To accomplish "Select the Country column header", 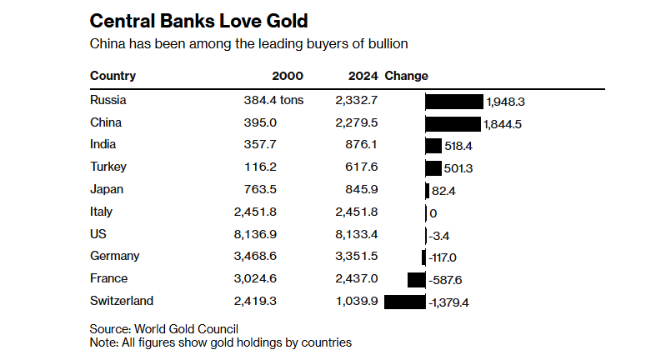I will (x=113, y=76).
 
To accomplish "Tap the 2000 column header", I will (x=288, y=76).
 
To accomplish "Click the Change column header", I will (x=406, y=76).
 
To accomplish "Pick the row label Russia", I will (x=108, y=101).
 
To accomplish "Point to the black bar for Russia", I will (x=453, y=102).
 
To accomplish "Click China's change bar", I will (x=453, y=123).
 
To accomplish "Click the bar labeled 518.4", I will (x=433, y=146).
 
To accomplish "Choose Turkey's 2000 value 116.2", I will (x=286, y=167).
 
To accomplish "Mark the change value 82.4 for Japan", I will (x=444, y=191).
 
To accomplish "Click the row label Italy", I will (x=101, y=212).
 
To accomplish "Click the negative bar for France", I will (x=416, y=279).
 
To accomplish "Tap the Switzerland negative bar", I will (x=404, y=301).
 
